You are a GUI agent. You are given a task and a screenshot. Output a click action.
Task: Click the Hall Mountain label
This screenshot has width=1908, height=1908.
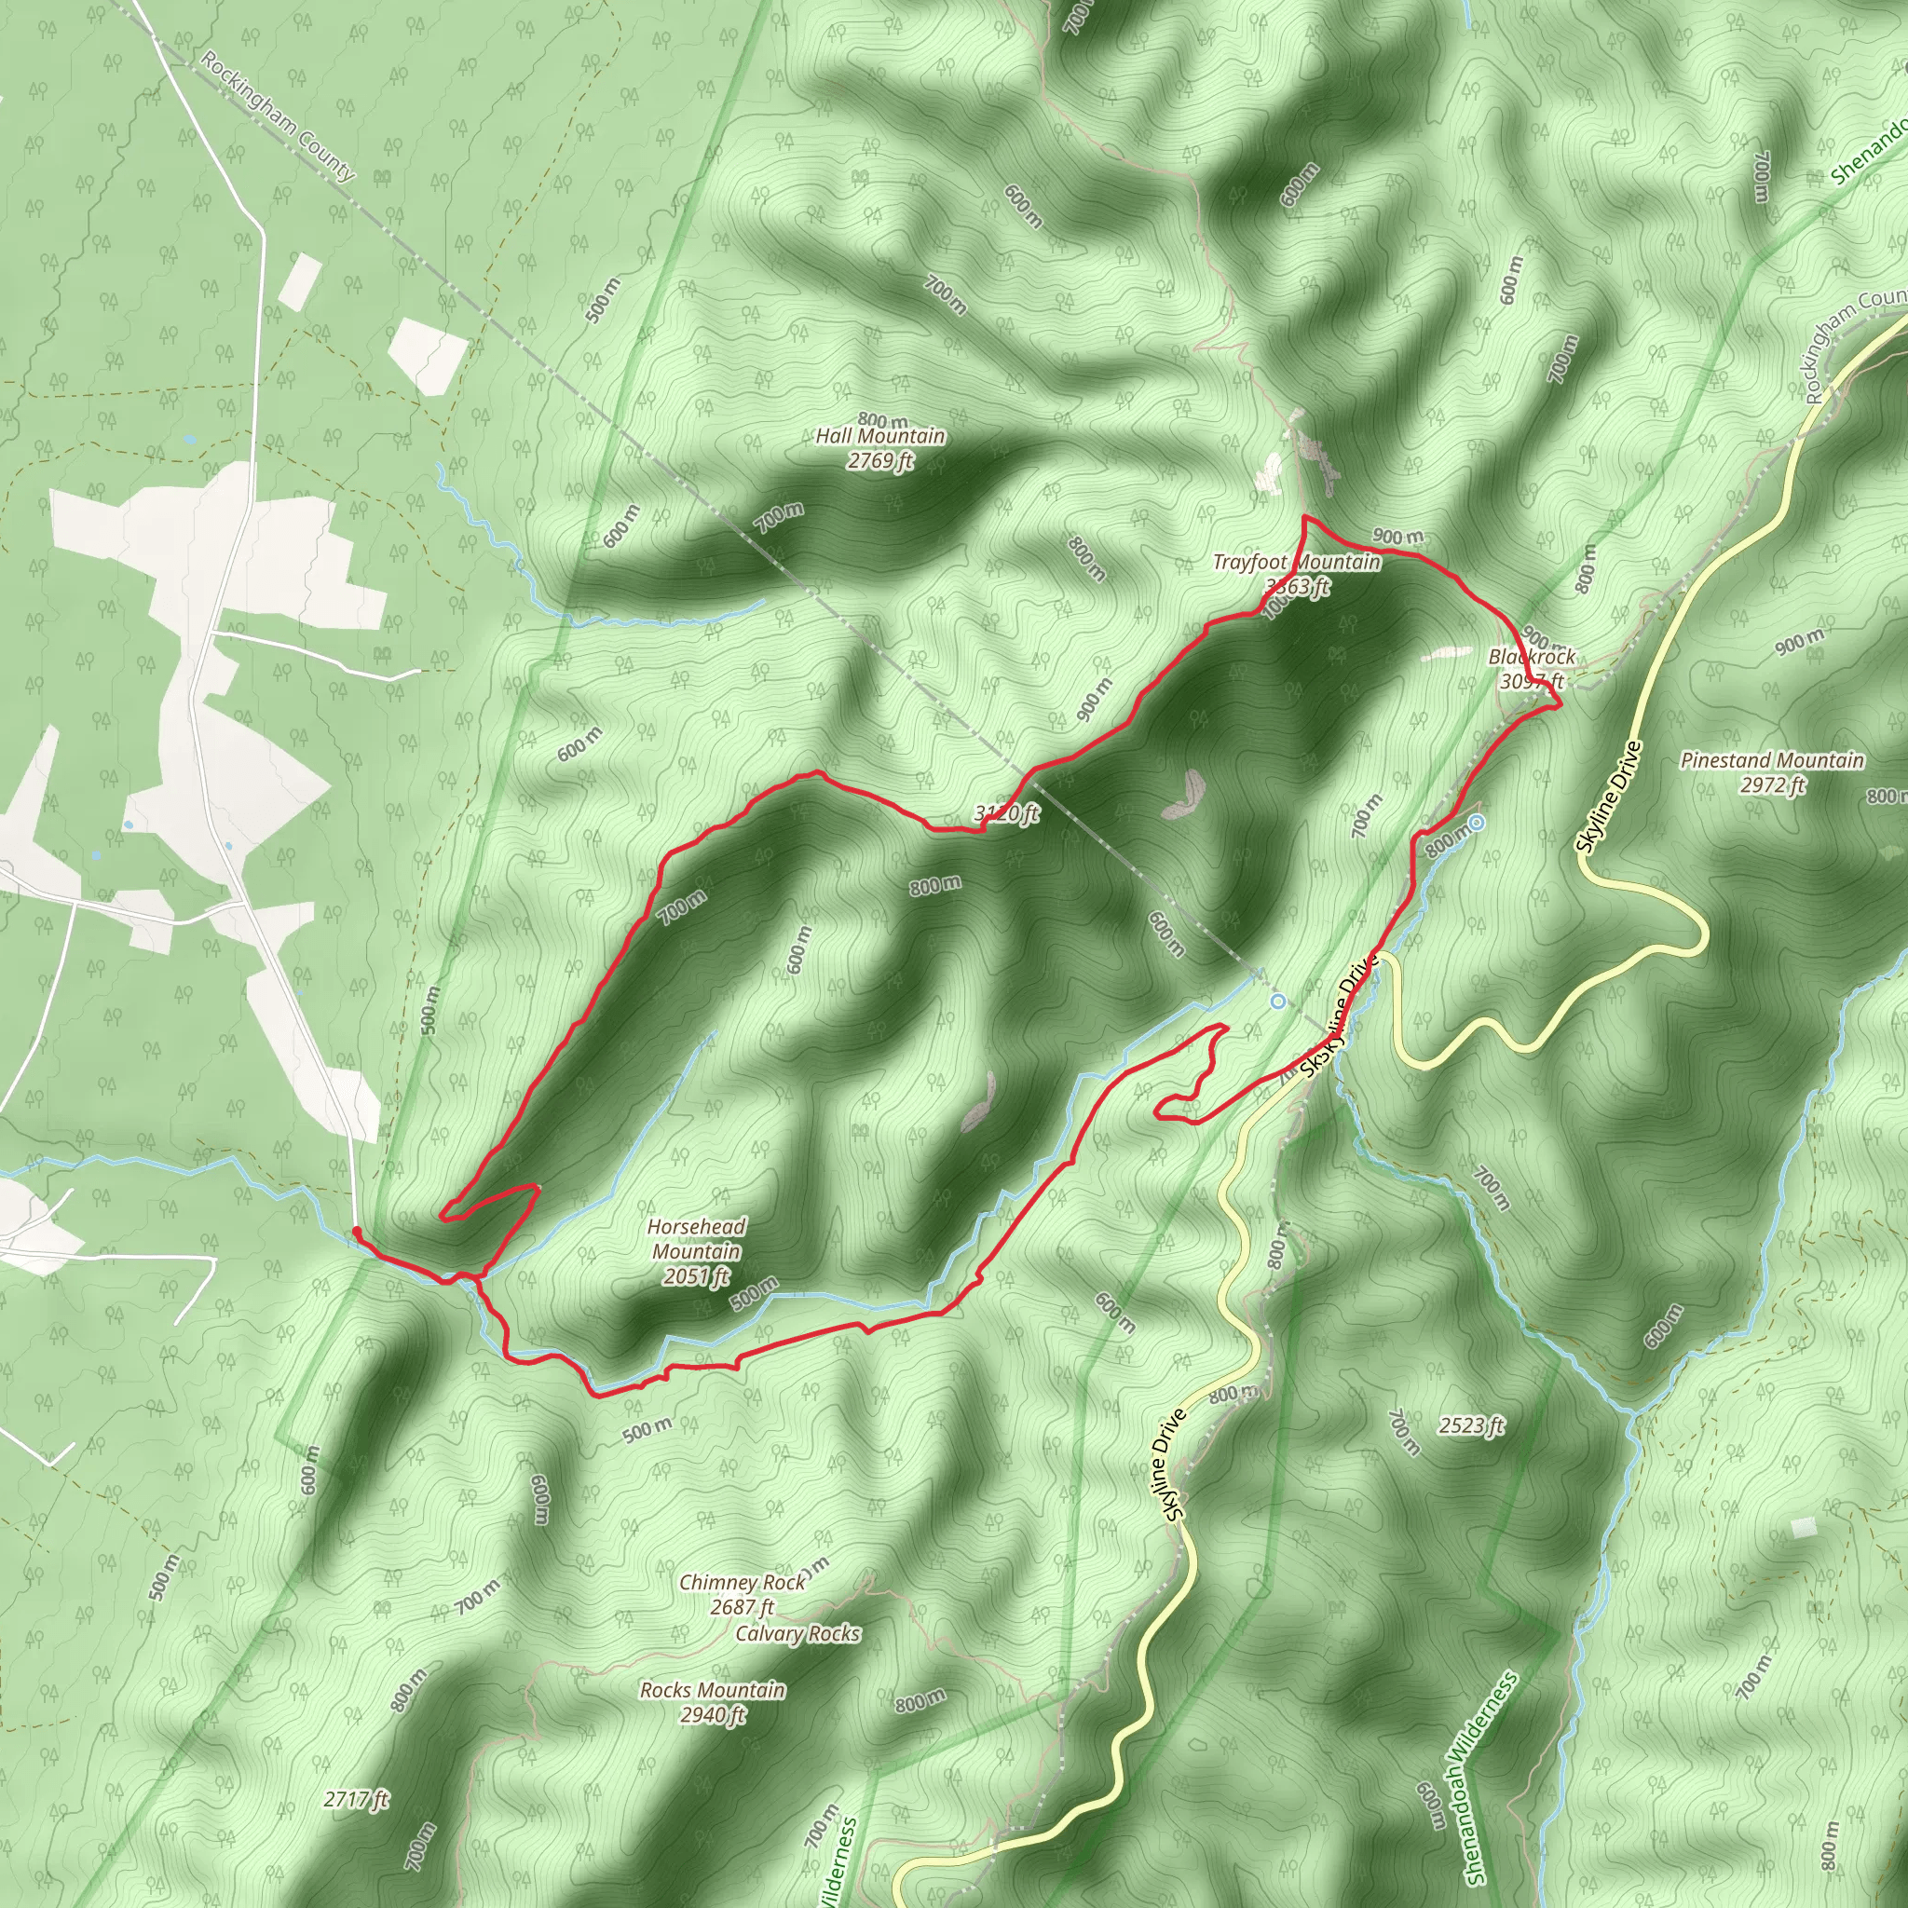[x=879, y=435]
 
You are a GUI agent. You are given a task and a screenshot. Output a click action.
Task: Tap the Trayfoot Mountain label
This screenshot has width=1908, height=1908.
[x=1296, y=562]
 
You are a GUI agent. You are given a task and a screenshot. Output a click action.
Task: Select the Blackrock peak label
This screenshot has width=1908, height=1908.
[x=1532, y=657]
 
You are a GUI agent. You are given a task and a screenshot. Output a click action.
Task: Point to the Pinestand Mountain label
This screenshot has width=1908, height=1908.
[x=1772, y=760]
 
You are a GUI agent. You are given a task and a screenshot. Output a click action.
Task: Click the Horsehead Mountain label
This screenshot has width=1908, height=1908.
[x=696, y=1238]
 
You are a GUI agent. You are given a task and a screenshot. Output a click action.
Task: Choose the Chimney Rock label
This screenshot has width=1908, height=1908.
[x=742, y=1582]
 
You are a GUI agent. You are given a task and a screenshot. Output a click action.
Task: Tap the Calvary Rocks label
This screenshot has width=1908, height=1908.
[x=797, y=1633]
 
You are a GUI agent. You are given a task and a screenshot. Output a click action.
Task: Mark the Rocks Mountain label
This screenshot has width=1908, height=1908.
[x=712, y=1690]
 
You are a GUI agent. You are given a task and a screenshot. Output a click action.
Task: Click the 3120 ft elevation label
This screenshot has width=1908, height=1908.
[x=1006, y=813]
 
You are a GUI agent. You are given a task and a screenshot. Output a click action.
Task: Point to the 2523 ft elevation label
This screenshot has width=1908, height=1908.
[x=1470, y=1425]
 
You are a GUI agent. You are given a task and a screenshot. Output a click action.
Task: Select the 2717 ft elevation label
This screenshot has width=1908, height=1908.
[x=356, y=1799]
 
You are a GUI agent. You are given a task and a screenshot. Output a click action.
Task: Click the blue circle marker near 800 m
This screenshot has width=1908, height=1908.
[x=1477, y=823]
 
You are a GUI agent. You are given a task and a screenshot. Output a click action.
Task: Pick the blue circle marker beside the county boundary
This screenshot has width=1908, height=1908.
[x=1278, y=1002]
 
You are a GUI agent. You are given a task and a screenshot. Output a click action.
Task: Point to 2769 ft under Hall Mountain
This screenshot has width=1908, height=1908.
[x=879, y=460]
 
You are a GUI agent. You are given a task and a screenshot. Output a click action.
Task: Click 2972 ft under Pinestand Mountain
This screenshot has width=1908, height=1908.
[x=1772, y=785]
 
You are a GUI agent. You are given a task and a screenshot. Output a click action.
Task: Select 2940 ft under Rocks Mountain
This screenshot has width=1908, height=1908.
[x=712, y=1714]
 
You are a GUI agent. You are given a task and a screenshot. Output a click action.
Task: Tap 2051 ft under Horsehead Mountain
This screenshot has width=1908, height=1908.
[x=696, y=1276]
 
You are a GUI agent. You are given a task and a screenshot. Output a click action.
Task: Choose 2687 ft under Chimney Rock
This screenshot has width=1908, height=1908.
[x=742, y=1607]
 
